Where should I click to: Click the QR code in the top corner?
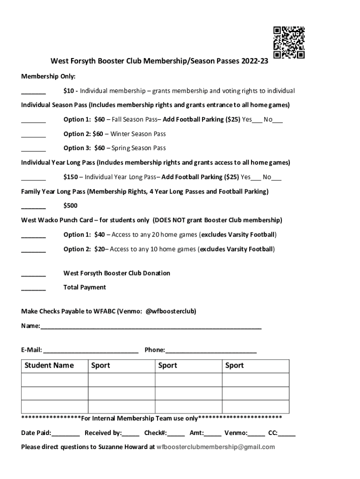pos(288,43)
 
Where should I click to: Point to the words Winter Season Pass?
pos(138,134)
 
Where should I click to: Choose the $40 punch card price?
pos(99,234)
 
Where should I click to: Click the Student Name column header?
pos(49,365)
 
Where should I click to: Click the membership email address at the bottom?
pos(216,447)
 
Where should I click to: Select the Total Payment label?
pos(85,287)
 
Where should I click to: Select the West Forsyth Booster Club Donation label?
pos(116,273)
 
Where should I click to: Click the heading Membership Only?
pos(48,76)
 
